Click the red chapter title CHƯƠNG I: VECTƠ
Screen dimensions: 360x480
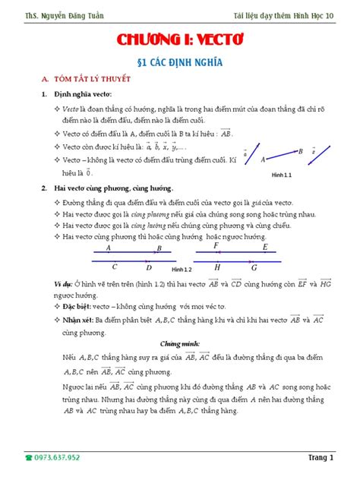179,40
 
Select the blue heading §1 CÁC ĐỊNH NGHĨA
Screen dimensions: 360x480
180,62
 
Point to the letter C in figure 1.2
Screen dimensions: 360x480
115,267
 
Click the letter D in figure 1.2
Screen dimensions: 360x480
149,267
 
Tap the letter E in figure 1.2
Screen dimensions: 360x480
264,248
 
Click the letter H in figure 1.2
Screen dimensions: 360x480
218,267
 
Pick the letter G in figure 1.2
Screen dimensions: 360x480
254,267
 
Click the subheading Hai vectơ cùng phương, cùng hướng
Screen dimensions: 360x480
113,187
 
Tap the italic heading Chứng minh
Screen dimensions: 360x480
180,343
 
